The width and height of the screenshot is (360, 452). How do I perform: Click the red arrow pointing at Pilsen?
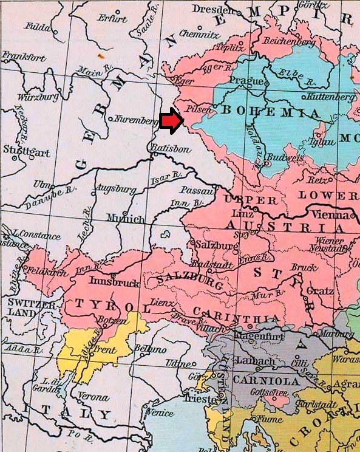coord(172,121)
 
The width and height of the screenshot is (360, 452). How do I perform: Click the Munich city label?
coord(126,219)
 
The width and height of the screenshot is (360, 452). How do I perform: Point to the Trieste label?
coord(205,399)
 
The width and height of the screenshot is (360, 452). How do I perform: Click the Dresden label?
coord(214,10)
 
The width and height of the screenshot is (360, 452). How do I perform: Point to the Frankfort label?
coord(24,58)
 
